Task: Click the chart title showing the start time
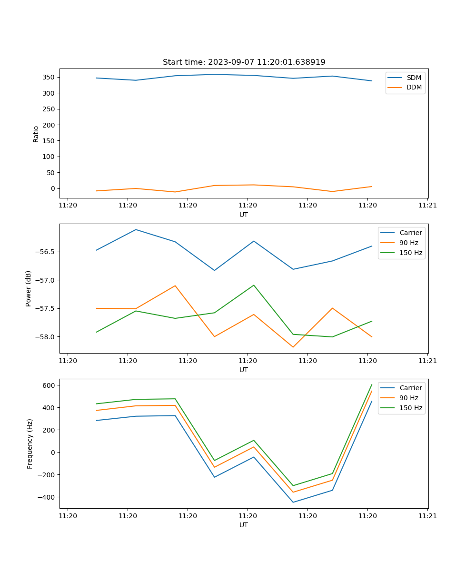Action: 244,62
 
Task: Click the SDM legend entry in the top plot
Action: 414,78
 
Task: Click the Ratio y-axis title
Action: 36,134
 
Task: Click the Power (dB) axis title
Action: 29,288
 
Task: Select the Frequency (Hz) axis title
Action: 30,443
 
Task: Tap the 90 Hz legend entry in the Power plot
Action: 408,243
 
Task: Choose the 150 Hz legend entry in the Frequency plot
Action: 411,408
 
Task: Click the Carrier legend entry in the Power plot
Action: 410,233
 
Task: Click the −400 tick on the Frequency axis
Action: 47,497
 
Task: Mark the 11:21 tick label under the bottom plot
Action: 427,516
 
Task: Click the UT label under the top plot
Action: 244,215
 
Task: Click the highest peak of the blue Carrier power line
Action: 136,229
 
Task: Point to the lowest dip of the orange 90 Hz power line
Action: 293,347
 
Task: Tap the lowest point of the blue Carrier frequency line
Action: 293,502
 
